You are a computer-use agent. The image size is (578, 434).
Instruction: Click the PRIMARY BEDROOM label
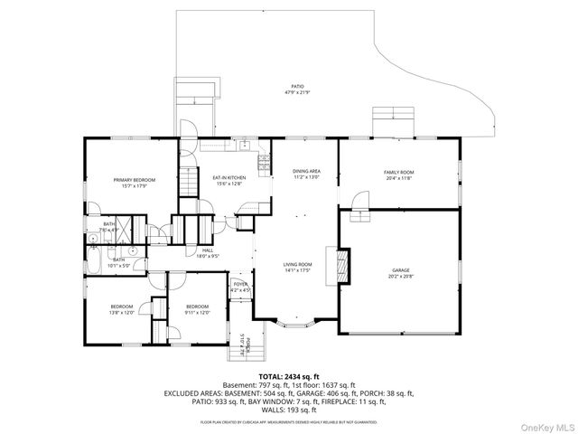tap(134, 180)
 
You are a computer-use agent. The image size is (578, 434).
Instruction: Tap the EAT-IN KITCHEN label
tap(228, 177)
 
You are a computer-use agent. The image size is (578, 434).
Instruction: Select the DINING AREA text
tap(306, 171)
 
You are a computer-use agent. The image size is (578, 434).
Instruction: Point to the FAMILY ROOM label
tap(398, 172)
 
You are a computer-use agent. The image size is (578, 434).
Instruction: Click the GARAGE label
tap(400, 269)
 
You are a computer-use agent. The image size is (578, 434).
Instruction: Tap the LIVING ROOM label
tap(297, 263)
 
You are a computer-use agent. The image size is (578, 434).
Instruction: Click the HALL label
tap(208, 250)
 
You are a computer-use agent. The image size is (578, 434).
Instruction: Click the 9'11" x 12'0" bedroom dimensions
tap(197, 313)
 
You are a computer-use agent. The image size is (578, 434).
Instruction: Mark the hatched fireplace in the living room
tap(343, 265)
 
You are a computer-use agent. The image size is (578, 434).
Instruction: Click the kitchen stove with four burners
tap(265, 164)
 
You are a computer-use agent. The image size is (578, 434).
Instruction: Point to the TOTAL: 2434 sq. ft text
tap(288, 376)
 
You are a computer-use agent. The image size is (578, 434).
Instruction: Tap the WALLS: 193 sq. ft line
tap(288, 410)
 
